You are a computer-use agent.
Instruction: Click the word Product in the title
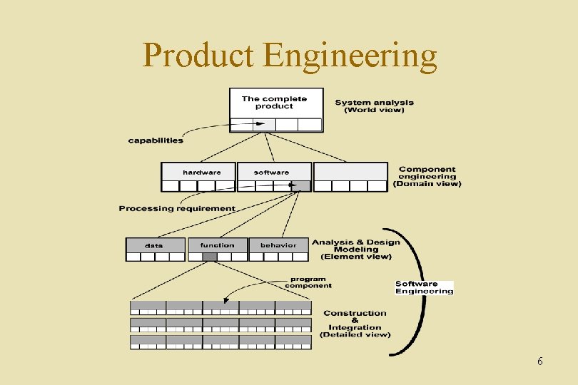pos(199,55)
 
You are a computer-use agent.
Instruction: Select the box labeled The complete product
pos(275,103)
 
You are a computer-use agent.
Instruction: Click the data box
pos(154,245)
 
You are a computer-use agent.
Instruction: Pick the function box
pos(217,245)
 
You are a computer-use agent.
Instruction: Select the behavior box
pos(278,245)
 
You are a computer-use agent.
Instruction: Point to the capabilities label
pos(156,140)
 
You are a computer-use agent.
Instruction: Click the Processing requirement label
pos(177,209)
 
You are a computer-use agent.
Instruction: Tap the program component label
pos(308,282)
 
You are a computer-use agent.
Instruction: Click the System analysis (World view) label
pos(374,106)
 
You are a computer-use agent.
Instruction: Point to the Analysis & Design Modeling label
pos(355,249)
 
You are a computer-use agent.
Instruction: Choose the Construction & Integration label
pos(355,324)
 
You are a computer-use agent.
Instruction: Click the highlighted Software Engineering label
pos(424,287)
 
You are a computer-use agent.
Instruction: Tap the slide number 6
pos(540,361)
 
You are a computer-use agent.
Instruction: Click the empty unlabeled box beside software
pos(350,172)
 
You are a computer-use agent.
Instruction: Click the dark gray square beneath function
pos(210,257)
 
